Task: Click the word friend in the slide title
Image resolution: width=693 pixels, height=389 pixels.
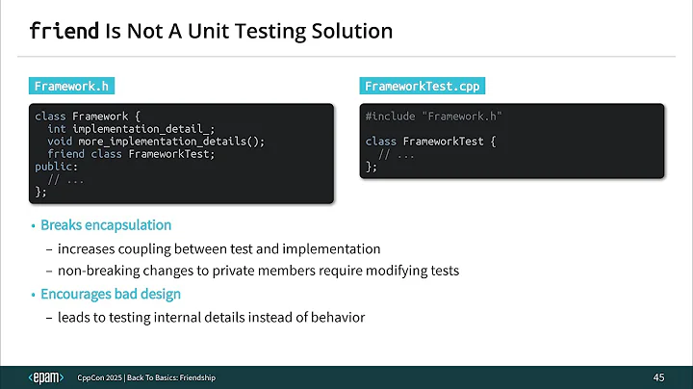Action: (64, 32)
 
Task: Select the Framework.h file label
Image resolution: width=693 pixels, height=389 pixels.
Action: (71, 86)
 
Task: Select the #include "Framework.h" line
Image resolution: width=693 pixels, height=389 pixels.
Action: (434, 117)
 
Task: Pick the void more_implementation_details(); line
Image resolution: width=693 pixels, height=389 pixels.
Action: (155, 142)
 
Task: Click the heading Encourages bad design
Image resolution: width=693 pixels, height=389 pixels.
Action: (111, 294)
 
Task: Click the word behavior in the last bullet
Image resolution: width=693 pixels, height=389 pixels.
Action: (338, 317)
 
